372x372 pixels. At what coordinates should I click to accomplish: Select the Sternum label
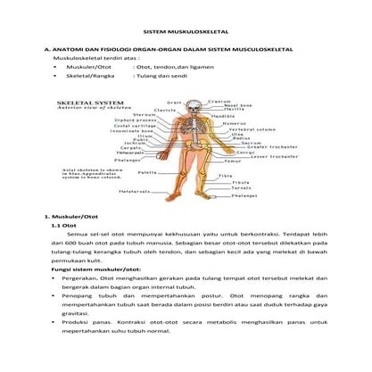(145, 115)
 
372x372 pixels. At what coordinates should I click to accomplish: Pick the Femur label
(234, 161)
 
